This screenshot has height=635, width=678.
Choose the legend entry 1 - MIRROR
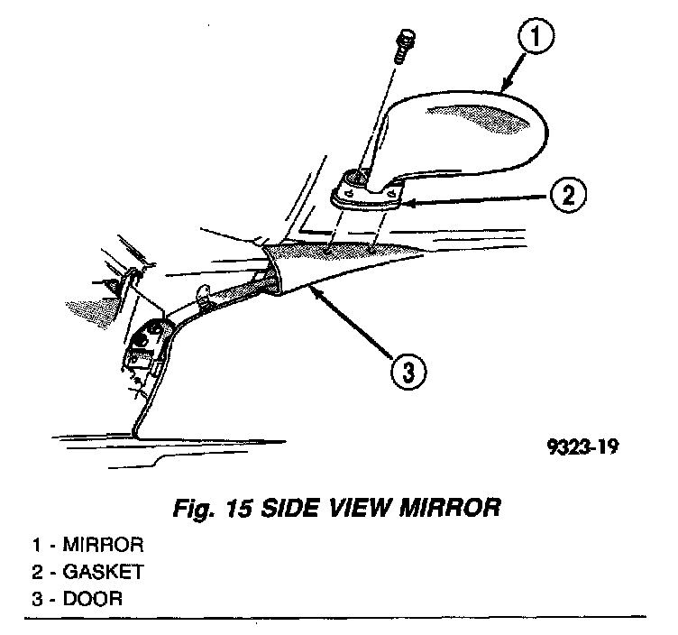87,546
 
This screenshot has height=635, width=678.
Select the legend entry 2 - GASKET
87,572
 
